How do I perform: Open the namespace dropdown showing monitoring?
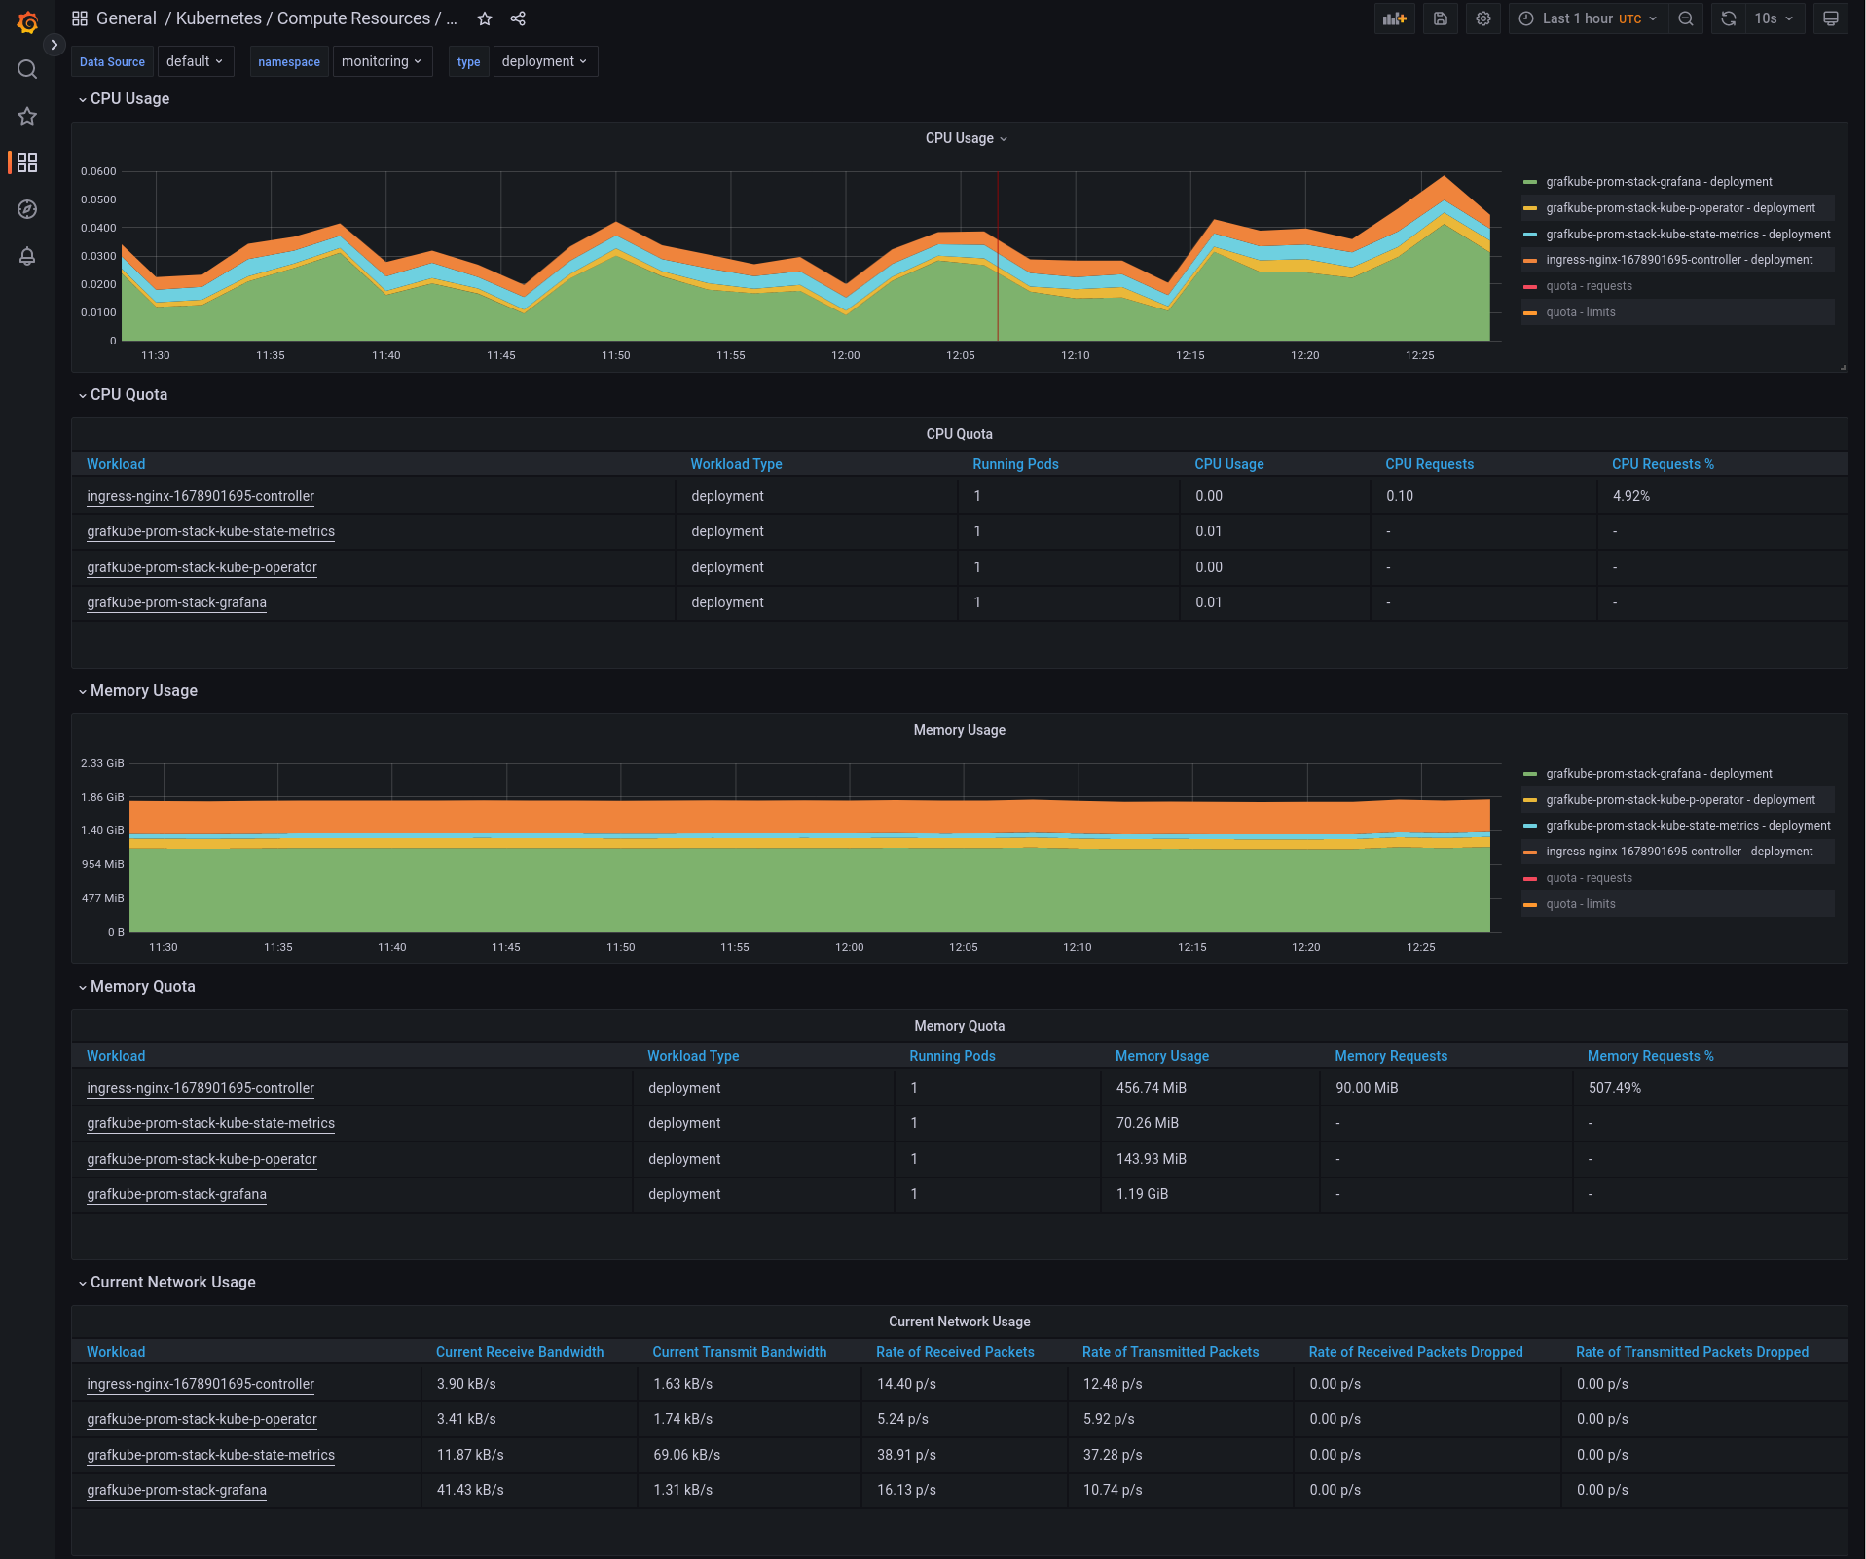point(382,61)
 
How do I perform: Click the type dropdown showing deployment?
point(544,61)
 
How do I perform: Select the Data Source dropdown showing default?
point(195,61)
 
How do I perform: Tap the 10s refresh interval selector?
point(1773,18)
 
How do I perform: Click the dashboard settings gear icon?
point(1482,18)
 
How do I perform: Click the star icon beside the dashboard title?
point(485,18)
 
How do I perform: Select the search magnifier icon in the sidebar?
point(27,69)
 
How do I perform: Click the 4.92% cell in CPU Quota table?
point(1630,496)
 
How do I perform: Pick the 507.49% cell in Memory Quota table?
point(1614,1088)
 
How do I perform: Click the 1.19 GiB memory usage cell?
point(1142,1194)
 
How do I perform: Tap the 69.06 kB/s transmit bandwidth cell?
point(686,1455)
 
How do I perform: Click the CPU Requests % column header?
point(1662,464)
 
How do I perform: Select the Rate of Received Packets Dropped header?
point(1414,1352)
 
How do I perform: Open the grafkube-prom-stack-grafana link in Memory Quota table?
point(176,1194)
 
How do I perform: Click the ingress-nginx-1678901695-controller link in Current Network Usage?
point(201,1384)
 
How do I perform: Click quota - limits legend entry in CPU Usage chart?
point(1580,312)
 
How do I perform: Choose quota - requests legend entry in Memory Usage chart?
point(1589,878)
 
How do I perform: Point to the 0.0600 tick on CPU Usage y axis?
point(98,171)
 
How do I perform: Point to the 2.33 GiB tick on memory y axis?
point(102,763)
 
